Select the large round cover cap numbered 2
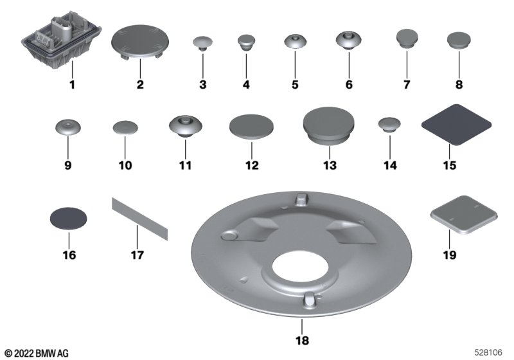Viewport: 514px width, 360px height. pyautogui.click(x=140, y=42)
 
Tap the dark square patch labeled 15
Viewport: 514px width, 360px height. pyautogui.click(x=456, y=125)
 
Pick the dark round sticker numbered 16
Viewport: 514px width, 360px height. pyautogui.click(x=69, y=218)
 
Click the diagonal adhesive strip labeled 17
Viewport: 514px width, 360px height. pyautogui.click(x=140, y=219)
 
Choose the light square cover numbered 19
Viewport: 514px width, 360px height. pyautogui.click(x=464, y=215)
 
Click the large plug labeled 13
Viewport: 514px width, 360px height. pyautogui.click(x=329, y=125)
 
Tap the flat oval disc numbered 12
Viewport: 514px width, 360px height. pyautogui.click(x=251, y=127)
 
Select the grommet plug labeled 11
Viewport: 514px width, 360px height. pyautogui.click(x=186, y=126)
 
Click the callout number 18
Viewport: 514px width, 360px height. pyautogui.click(x=302, y=341)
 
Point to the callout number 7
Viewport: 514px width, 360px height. pyautogui.click(x=407, y=85)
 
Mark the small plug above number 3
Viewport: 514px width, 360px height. pyautogui.click(x=202, y=43)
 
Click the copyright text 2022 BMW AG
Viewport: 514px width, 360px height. pyautogui.click(x=37, y=353)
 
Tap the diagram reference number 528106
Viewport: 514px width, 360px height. pyautogui.click(x=488, y=352)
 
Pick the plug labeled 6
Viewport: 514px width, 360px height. pyautogui.click(x=349, y=40)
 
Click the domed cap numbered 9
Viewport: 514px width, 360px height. pyautogui.click(x=68, y=127)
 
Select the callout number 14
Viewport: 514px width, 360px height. pyautogui.click(x=390, y=165)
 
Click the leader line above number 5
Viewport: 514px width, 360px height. pyautogui.click(x=295, y=64)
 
